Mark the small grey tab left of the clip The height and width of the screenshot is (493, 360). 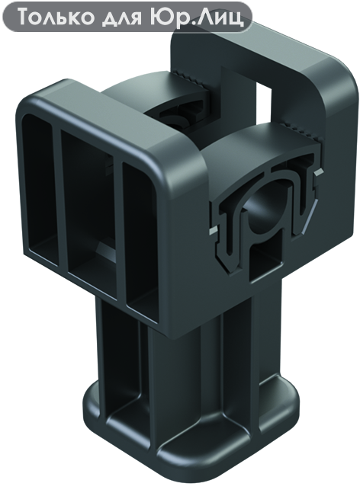[213, 231]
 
